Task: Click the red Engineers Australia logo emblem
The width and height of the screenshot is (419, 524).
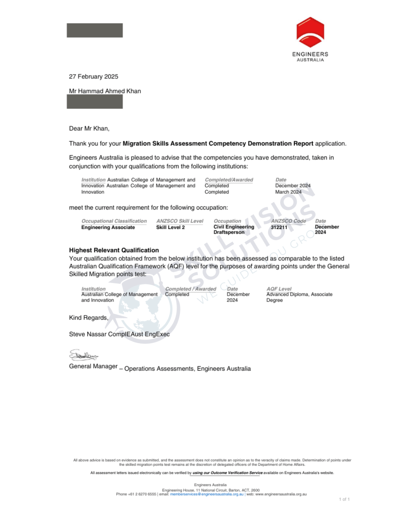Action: [310, 32]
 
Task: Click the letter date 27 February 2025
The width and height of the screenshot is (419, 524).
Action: [93, 76]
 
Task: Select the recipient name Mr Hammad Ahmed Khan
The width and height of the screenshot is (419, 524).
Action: [105, 91]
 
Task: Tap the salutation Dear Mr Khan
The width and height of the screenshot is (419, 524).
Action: [89, 128]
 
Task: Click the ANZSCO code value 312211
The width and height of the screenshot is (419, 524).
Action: [279, 227]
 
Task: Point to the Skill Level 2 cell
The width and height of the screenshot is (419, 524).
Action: [170, 227]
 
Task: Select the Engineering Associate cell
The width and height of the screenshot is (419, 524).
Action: [108, 227]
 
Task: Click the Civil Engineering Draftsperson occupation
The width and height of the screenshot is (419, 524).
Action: [234, 230]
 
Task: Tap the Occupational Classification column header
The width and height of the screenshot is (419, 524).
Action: [114, 221]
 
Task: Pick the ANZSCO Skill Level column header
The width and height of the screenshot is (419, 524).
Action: [180, 221]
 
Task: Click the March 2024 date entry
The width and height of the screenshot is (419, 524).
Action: [288, 192]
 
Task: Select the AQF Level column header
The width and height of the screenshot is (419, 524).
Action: [279, 289]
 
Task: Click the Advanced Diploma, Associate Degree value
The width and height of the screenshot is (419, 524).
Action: [299, 297]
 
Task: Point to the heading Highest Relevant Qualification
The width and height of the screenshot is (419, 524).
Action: [114, 250]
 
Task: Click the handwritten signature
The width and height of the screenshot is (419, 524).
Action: [83, 355]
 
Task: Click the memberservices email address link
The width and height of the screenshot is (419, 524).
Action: [207, 494]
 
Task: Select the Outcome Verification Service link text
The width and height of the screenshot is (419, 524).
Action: [228, 473]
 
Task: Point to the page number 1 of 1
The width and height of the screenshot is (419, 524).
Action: [344, 499]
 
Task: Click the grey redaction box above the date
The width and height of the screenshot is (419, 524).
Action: [95, 30]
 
